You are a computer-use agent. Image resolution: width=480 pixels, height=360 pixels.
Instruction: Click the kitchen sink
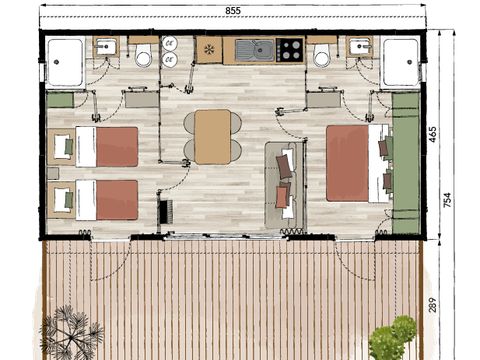coord(261,50)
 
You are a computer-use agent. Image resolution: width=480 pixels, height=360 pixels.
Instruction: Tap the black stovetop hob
coord(291,49)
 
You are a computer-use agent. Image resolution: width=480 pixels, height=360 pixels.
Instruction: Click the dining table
coord(212,135)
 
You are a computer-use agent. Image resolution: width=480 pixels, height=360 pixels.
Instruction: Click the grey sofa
coord(282,182)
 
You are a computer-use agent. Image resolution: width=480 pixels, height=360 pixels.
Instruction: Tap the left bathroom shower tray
coord(66,64)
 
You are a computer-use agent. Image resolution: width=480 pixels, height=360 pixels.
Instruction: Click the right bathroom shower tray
coord(403,63)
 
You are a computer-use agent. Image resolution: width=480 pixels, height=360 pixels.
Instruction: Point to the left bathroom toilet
coord(143,56)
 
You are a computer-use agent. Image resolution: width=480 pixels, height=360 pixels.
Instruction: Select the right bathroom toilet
coord(322,56)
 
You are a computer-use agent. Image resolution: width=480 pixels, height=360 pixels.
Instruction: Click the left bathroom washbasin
coord(106,46)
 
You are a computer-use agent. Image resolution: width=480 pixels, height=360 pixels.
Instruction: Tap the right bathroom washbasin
coord(360,46)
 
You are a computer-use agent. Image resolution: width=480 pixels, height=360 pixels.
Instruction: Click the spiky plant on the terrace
coord(70,333)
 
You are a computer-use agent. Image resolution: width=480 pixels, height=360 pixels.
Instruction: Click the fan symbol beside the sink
coord(209,49)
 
